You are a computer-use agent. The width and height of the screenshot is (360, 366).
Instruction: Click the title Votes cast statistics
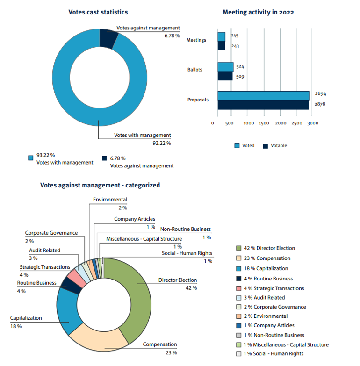tap(98, 12)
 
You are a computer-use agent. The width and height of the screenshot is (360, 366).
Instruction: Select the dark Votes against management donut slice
tap(108, 41)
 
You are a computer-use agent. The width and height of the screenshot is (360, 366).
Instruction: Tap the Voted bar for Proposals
tap(263, 95)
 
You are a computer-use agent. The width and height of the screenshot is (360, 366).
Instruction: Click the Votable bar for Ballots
tap(225, 76)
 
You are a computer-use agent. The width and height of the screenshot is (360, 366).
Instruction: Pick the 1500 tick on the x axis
tap(264, 123)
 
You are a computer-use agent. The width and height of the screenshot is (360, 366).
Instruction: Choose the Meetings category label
tap(196, 40)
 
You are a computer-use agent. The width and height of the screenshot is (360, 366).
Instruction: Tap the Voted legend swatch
tap(237, 146)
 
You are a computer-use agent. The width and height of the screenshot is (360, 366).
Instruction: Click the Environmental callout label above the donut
tap(110, 200)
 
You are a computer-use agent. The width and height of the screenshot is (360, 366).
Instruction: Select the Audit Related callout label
tap(44, 251)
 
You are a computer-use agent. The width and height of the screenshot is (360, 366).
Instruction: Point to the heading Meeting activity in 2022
tap(258, 12)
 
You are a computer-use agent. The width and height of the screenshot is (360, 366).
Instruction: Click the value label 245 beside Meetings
tap(235, 36)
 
